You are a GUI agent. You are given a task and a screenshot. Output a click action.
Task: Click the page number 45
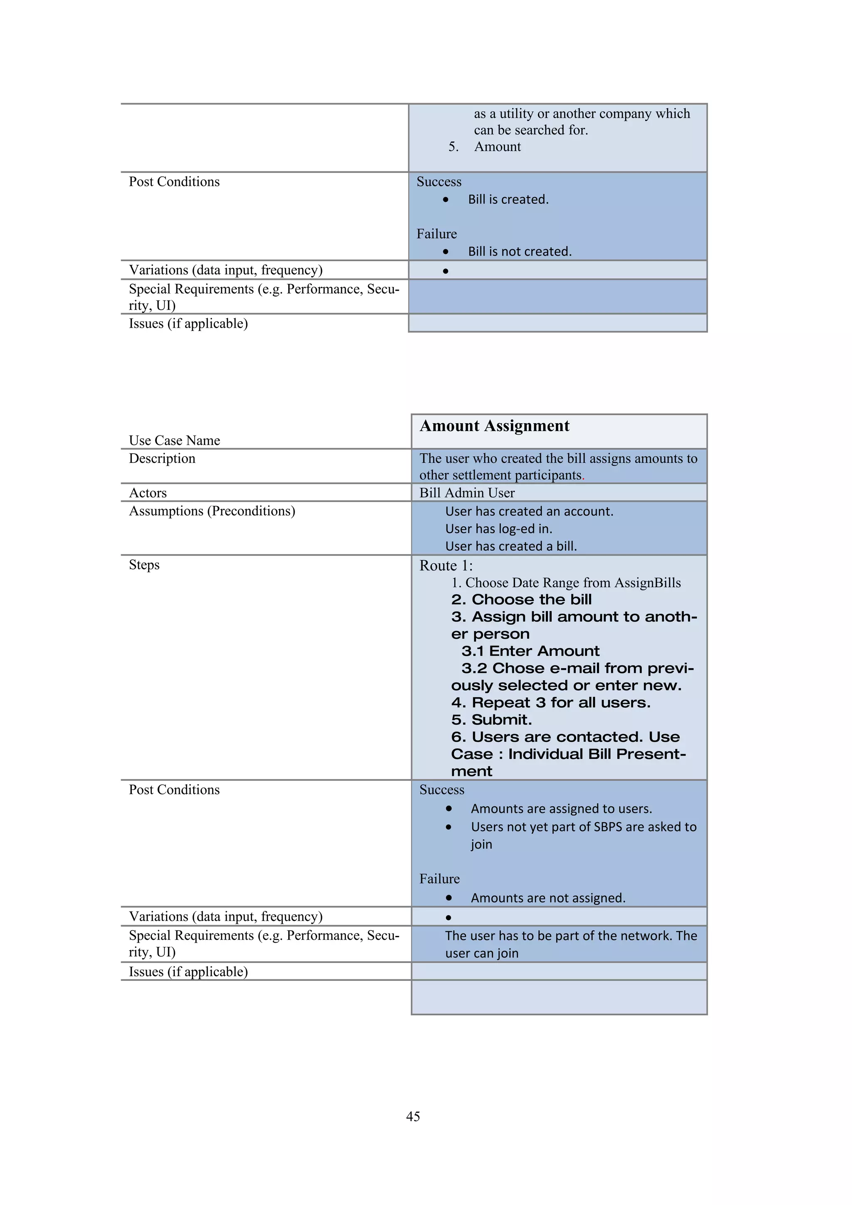[413, 1116]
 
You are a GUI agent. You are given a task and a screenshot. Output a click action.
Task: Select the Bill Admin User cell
[467, 493]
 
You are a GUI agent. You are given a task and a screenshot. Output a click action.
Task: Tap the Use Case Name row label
[174, 440]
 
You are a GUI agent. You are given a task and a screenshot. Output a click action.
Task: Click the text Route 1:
[446, 566]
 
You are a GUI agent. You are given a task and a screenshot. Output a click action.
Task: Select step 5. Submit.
[491, 719]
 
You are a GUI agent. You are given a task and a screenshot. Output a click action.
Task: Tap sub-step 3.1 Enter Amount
[530, 651]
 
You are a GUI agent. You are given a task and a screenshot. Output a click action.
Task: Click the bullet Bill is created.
[508, 200]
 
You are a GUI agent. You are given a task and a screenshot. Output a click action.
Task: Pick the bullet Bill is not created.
[520, 252]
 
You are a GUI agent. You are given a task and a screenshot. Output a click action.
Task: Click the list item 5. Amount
[485, 147]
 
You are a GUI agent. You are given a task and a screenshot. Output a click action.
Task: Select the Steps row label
[144, 565]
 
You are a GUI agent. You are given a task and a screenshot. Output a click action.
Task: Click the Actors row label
[148, 493]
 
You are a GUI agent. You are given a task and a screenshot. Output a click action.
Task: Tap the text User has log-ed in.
[499, 528]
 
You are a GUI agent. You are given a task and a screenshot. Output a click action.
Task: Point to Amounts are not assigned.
[548, 898]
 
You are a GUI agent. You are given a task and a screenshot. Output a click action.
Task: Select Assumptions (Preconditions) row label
[212, 511]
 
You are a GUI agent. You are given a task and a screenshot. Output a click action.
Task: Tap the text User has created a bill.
[511, 546]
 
